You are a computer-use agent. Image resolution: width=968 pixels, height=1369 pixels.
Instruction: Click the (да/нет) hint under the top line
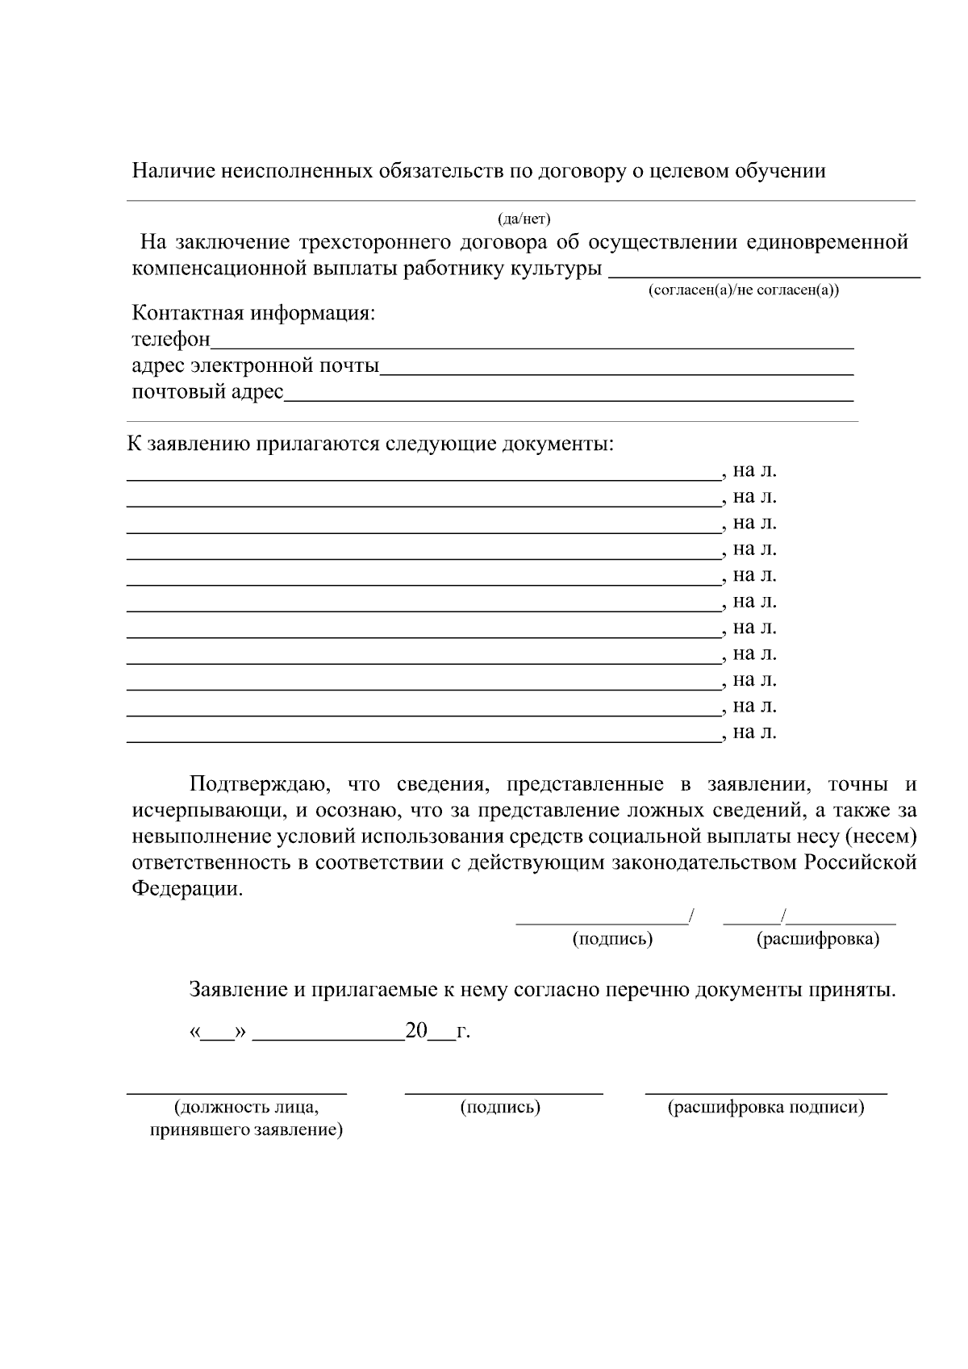524,219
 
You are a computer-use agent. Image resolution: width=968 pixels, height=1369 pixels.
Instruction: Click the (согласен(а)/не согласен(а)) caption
743,290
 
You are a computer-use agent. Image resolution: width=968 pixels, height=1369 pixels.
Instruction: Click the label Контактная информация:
253,313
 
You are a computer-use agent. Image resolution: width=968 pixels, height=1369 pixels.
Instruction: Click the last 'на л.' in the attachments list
754,732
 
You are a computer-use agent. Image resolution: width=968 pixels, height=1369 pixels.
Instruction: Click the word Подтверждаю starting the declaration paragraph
257,784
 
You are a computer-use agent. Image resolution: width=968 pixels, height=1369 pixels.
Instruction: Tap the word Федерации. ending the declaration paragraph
187,889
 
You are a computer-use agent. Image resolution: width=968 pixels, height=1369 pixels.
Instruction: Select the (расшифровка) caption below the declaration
817,940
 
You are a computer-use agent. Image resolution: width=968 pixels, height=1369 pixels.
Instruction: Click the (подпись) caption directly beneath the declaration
612,940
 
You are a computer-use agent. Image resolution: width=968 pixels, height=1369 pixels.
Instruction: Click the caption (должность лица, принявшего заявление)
246,1119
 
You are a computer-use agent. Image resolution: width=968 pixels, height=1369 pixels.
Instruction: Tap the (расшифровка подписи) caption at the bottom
766,1108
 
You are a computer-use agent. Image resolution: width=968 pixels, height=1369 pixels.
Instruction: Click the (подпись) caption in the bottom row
500,1108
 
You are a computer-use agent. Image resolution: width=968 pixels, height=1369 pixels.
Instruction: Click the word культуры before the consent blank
556,269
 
